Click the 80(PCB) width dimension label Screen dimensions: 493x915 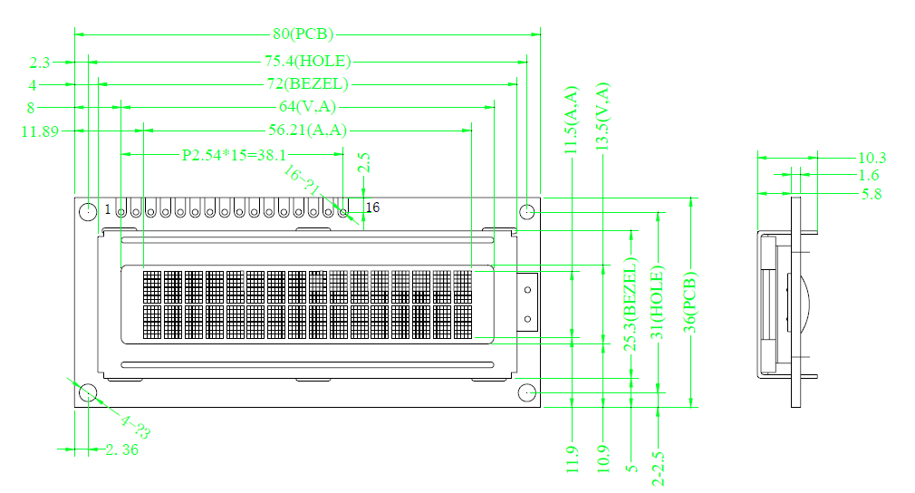point(303,34)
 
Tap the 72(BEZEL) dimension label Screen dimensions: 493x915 point(305,84)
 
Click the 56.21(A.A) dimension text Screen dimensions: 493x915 point(307,130)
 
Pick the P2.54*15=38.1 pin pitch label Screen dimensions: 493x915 point(234,154)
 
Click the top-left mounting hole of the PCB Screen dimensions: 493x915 point(88,212)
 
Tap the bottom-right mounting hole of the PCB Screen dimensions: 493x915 point(527,392)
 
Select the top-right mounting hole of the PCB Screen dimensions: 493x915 point(527,212)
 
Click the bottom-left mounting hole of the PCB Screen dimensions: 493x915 point(88,392)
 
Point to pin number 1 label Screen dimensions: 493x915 point(108,209)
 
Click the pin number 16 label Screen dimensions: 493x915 point(371,208)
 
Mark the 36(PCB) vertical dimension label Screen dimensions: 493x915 point(692,298)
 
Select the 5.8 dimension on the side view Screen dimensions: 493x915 point(872,193)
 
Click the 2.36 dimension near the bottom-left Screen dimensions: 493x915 point(121,449)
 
